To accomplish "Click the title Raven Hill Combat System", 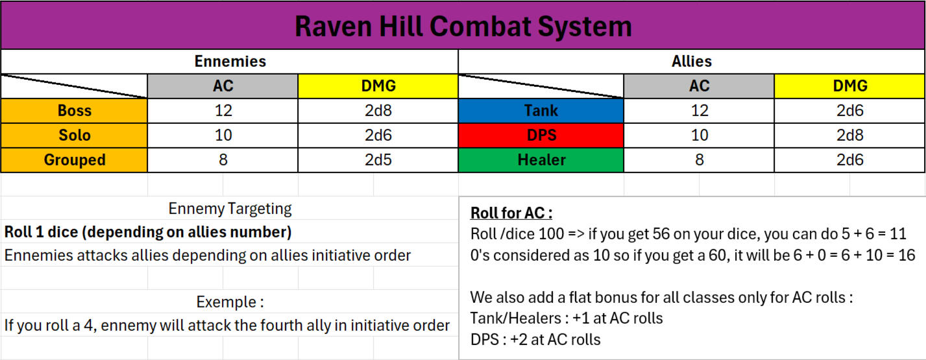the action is click(x=463, y=27).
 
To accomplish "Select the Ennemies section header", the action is click(x=230, y=62).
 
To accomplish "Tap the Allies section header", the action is click(x=692, y=62).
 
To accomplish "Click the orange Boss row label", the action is click(x=75, y=111).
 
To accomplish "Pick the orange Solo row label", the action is click(x=75, y=135).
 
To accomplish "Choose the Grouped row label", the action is click(x=75, y=160).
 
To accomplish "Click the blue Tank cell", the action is click(x=541, y=111).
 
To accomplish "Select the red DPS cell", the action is click(x=541, y=135).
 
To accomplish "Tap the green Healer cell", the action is click(x=541, y=160).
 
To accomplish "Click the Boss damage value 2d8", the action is click(x=378, y=111).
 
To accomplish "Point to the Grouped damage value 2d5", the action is click(x=378, y=160).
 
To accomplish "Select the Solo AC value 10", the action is click(x=223, y=135).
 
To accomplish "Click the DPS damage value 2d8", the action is click(x=850, y=135).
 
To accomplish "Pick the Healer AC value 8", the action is click(x=699, y=160).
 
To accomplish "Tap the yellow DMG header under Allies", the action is click(x=850, y=86).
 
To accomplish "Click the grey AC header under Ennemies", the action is click(x=223, y=86).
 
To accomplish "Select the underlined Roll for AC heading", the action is click(x=511, y=213).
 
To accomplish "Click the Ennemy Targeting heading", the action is click(x=230, y=209).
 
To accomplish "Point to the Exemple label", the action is click(x=230, y=302).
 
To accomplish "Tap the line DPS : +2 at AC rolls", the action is click(x=535, y=340).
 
